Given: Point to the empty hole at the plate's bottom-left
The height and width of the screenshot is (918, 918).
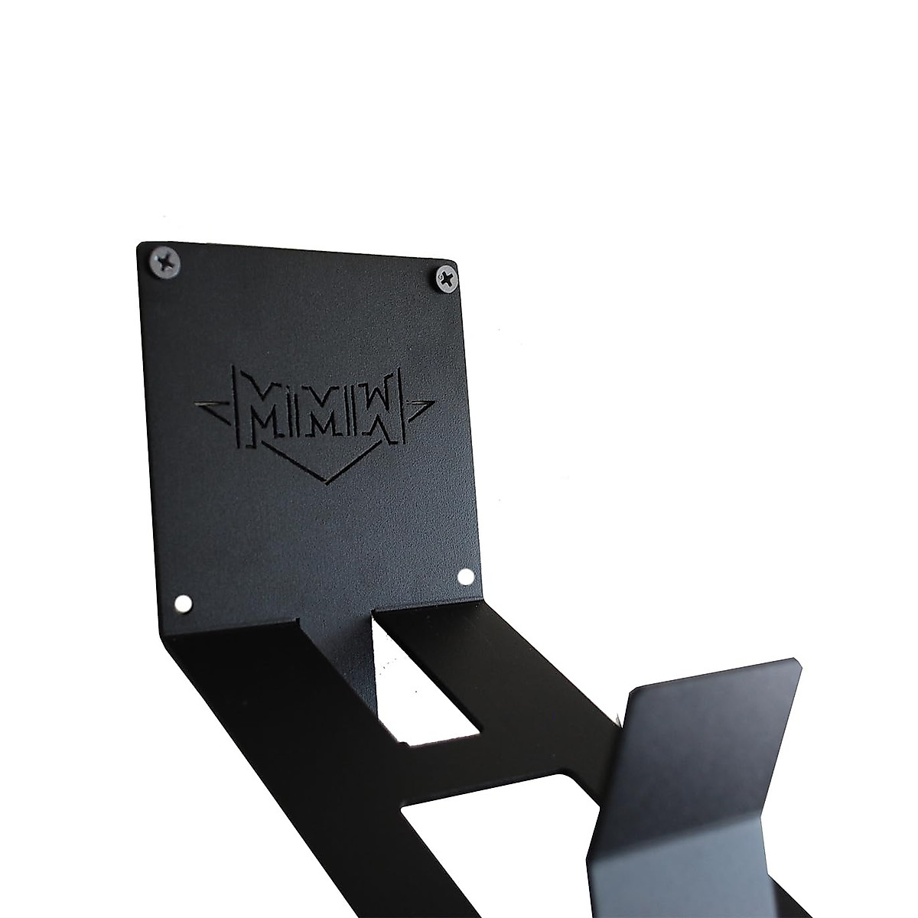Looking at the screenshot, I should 182,605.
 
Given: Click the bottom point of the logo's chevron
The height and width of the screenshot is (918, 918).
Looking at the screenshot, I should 325,480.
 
